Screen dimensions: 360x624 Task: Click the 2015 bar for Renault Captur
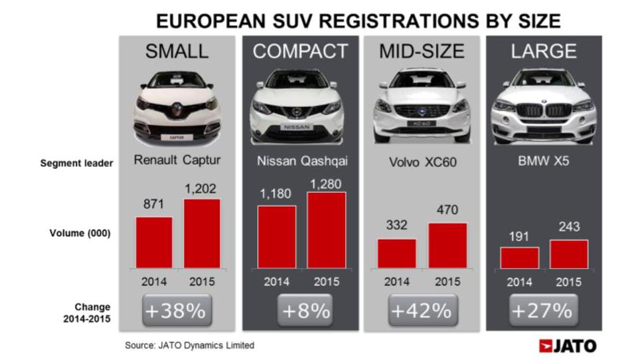(x=201, y=232)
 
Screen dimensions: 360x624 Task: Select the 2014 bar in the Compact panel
(x=277, y=236)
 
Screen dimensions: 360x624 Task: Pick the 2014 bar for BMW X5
(x=519, y=257)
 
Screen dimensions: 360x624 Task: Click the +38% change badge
(x=177, y=310)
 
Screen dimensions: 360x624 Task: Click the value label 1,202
(x=201, y=188)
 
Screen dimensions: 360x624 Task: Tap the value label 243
(x=568, y=227)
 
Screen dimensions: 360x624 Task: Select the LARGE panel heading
(x=544, y=52)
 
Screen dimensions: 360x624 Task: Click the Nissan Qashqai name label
(x=302, y=160)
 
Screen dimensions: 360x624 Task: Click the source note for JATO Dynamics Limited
(x=190, y=345)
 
